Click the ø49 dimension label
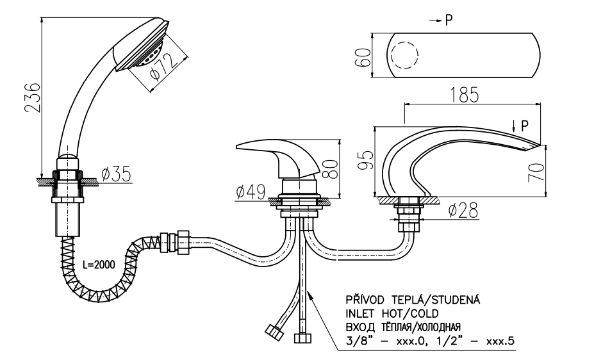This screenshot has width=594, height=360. pos(249,191)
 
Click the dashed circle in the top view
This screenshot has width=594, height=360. pos(404,55)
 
